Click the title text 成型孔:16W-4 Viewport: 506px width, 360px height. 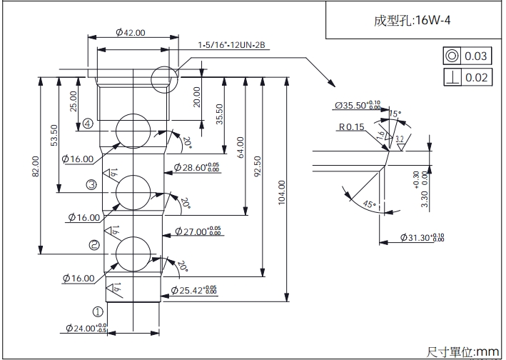[412, 21]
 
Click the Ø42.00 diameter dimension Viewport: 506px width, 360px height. [130, 33]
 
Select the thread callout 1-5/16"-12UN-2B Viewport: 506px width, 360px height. [233, 45]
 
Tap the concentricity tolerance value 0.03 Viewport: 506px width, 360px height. [476, 56]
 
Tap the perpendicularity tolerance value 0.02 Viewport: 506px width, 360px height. [476, 77]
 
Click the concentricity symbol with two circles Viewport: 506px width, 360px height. [452, 56]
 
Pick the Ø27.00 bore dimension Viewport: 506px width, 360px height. [196, 231]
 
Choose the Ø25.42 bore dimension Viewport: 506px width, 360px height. [194, 290]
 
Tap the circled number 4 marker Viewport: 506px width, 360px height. [88, 123]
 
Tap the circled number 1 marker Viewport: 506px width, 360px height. [98, 311]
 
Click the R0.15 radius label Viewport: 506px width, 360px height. [352, 127]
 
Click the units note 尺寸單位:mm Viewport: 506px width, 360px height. [462, 351]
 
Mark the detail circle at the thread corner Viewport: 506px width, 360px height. [163, 77]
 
